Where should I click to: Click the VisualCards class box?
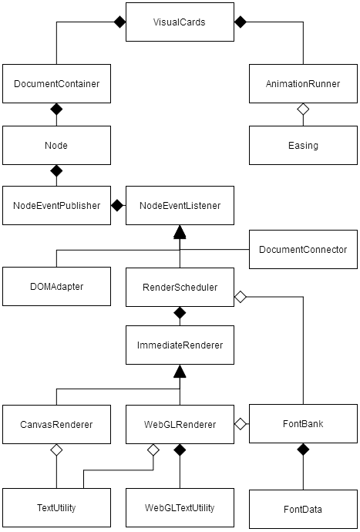tap(180, 22)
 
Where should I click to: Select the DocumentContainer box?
tap(56, 83)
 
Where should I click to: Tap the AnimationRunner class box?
tap(303, 83)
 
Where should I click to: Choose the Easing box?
tap(303, 145)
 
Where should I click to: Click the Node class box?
tap(56, 145)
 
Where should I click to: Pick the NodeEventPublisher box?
tap(56, 206)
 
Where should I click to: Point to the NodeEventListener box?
tap(180, 206)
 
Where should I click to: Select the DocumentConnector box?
tap(303, 249)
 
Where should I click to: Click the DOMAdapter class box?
tap(56, 286)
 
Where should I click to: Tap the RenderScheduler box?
tap(180, 286)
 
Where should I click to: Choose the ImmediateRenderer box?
tap(180, 345)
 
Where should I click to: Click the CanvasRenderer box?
tap(56, 424)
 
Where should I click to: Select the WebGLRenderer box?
tap(180, 424)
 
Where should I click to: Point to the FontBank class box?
tap(303, 424)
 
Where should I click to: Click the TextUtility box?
tap(56, 508)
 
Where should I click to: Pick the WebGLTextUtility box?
tap(180, 508)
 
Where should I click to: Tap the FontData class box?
tap(303, 509)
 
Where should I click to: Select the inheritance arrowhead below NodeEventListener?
tap(180, 232)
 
